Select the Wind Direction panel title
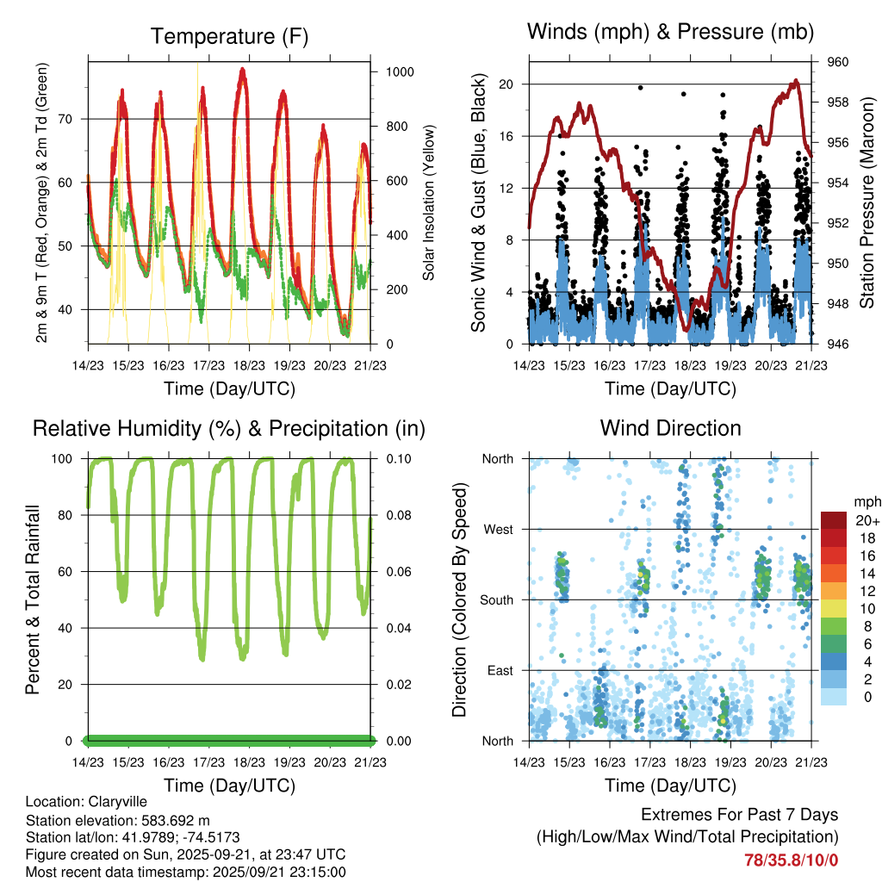click(670, 427)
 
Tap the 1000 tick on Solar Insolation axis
click(400, 72)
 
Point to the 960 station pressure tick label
click(839, 62)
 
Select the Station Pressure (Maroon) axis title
click(867, 202)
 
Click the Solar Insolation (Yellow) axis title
click(429, 202)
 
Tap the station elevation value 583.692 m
click(172, 820)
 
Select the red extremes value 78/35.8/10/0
click(792, 860)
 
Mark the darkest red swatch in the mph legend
click(835, 519)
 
